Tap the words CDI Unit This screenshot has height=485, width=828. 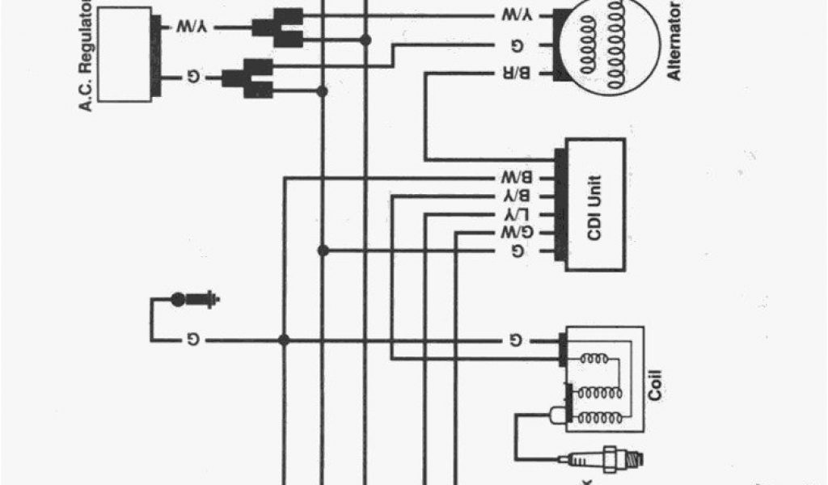point(594,205)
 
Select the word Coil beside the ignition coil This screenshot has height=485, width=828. point(655,386)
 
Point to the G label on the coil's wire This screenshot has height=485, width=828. point(516,340)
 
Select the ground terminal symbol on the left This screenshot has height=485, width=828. point(194,300)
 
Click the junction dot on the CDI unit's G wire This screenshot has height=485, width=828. point(323,251)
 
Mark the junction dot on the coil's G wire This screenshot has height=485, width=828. point(284,340)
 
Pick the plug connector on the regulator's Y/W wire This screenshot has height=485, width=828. point(277,27)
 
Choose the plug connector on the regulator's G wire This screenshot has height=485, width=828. point(247,78)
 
